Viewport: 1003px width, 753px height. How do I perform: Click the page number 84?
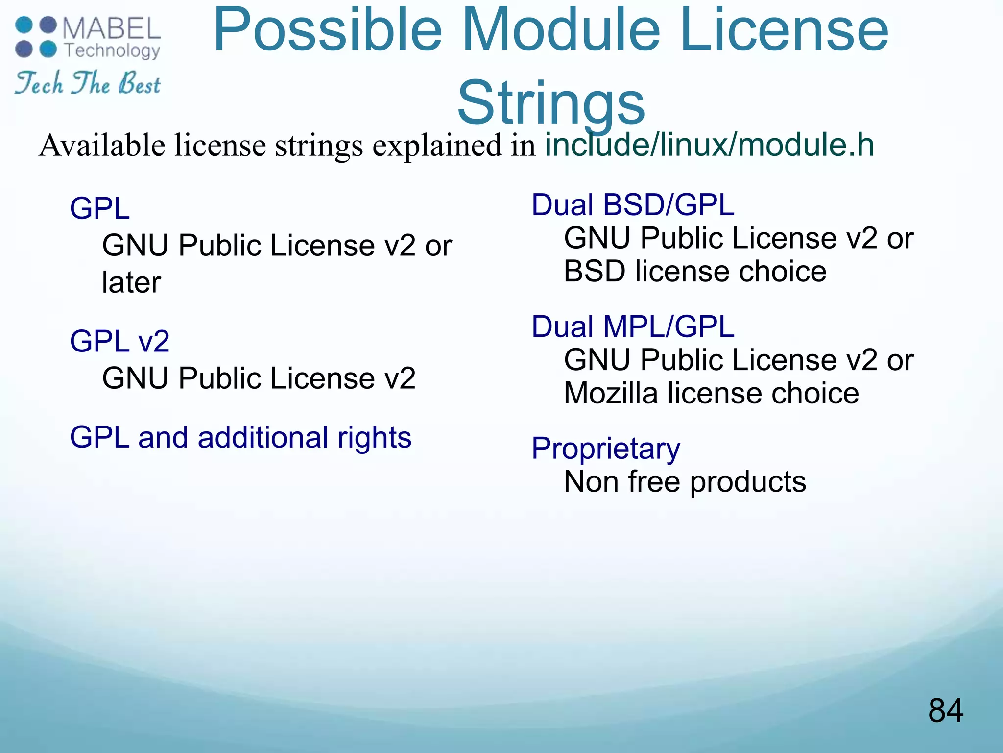pos(945,710)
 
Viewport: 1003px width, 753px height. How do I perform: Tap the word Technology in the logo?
pos(112,50)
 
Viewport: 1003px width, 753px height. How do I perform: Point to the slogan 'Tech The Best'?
pos(88,83)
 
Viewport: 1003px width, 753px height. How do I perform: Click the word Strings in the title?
pos(551,103)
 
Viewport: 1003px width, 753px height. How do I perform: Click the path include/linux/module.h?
pos(710,145)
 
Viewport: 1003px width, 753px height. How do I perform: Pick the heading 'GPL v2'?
pos(119,341)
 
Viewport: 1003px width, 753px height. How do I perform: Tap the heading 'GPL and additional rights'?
pos(240,437)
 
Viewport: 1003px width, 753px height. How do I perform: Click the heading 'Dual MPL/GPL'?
pos(633,326)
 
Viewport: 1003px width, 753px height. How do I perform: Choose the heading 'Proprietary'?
pos(606,449)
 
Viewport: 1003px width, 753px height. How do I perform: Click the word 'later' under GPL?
pos(131,283)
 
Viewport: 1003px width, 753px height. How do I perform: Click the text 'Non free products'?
pos(685,482)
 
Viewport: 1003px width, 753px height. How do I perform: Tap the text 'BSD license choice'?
pos(695,272)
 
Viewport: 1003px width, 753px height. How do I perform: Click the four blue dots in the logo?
pos(36,37)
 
